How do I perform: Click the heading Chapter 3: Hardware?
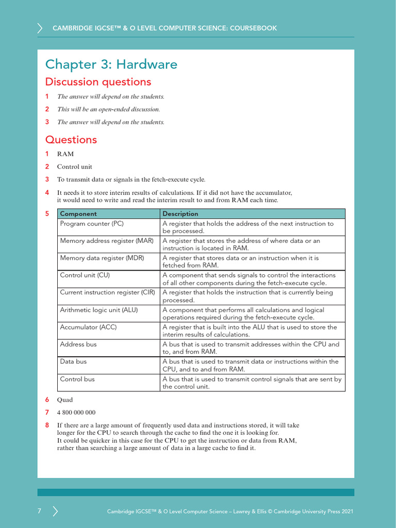coord(111,64)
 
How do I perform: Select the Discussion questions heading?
coord(98,82)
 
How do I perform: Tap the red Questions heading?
coord(71,140)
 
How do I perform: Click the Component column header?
coord(78,213)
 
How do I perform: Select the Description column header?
coord(180,213)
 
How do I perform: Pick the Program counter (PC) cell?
coord(92,224)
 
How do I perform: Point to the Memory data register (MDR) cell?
coord(102,258)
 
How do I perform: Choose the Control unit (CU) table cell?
coord(85,275)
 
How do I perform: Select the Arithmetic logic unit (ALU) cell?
coord(99,310)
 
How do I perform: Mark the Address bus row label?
coord(78,344)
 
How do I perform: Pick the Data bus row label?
coord(74,361)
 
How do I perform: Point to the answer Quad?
coord(65,400)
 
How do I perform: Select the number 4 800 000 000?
coord(76,412)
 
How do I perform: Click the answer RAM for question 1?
coord(65,154)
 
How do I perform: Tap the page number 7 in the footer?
coord(39,511)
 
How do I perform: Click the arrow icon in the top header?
coord(40,28)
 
